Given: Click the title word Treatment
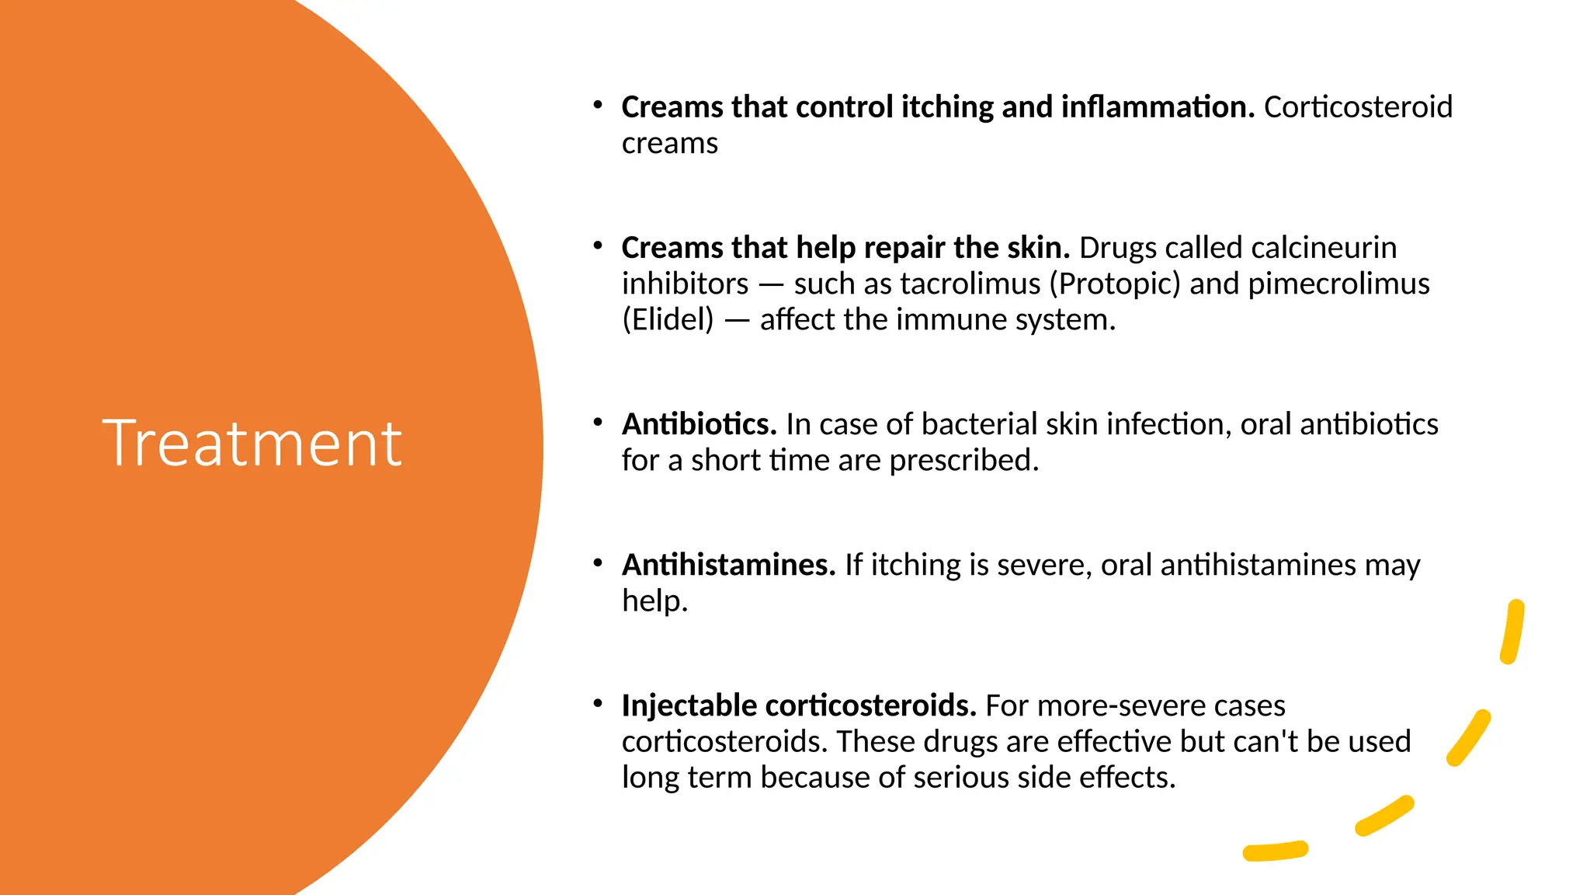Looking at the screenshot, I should tap(252, 443).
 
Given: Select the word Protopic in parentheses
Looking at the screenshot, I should tap(1115, 284).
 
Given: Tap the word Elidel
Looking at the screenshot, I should tap(668, 320).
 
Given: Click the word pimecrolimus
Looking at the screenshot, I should tap(1338, 284).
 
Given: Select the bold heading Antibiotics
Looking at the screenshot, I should tap(699, 424).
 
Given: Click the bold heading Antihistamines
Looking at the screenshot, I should tap(728, 565).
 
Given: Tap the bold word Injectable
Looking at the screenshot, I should tap(689, 705).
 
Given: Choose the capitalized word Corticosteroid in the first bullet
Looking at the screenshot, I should tap(1358, 107).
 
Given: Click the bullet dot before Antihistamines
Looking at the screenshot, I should tap(598, 562).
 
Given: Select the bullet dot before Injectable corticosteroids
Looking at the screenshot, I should tap(598, 703).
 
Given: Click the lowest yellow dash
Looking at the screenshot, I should tap(1276, 851).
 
